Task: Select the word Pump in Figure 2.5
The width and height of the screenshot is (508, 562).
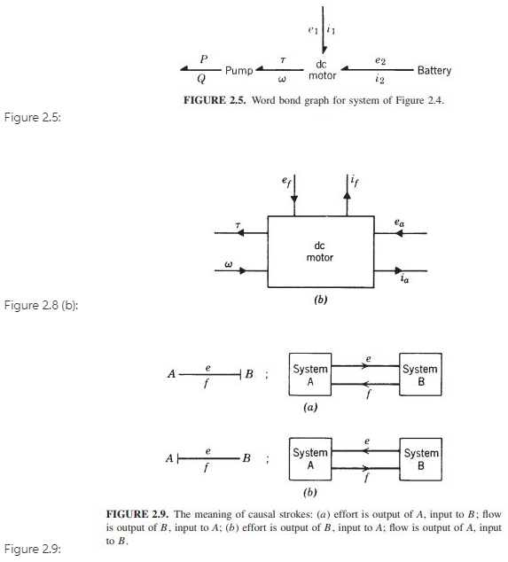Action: pyautogui.click(x=239, y=70)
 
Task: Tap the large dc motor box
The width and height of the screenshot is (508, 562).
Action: pyautogui.click(x=320, y=252)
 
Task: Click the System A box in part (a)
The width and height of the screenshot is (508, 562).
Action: pyautogui.click(x=310, y=374)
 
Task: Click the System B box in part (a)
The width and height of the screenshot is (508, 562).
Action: pyautogui.click(x=419, y=374)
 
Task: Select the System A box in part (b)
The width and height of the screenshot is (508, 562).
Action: pyautogui.click(x=310, y=458)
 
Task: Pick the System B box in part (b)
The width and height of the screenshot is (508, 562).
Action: pyautogui.click(x=419, y=458)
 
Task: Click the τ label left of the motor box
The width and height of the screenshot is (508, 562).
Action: pyautogui.click(x=237, y=226)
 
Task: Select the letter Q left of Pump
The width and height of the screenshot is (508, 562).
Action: pyautogui.click(x=205, y=77)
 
